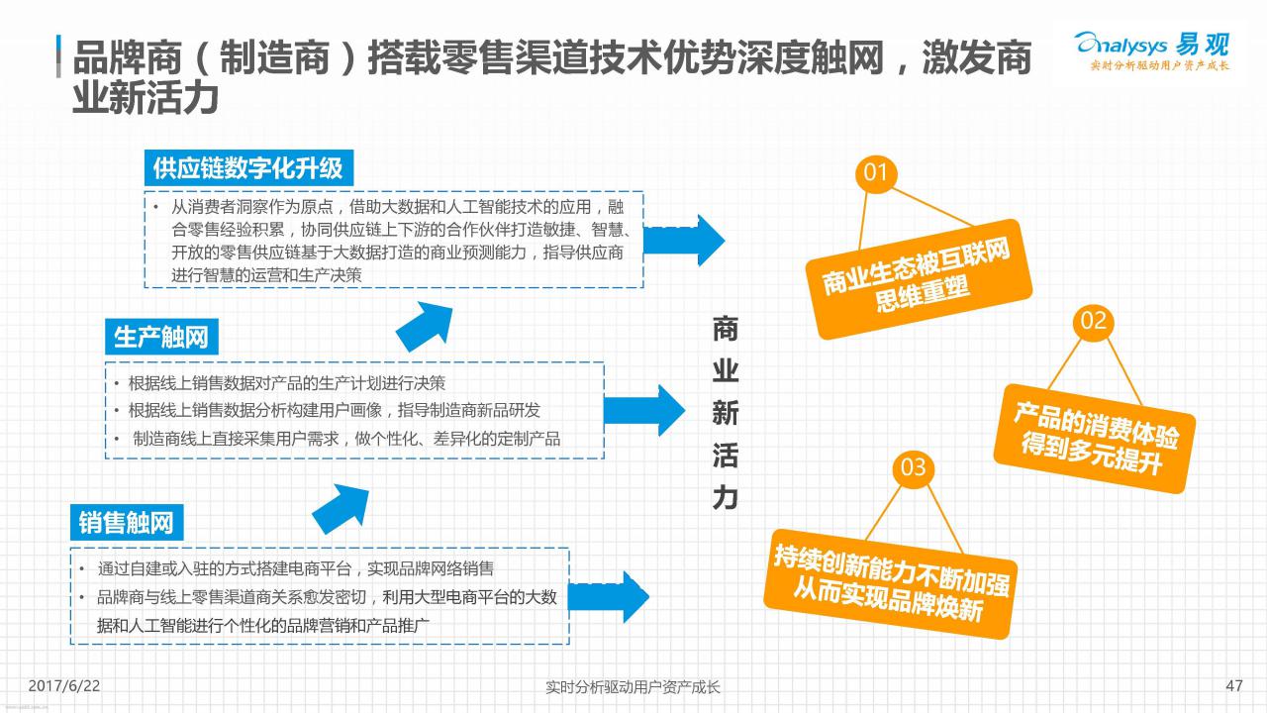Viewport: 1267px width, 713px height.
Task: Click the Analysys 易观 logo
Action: pos(1152,51)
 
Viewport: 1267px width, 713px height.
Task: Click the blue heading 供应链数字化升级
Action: pos(248,168)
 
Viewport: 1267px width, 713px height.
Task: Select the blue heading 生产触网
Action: pos(161,337)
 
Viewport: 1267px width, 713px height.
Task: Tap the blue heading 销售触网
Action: pos(127,522)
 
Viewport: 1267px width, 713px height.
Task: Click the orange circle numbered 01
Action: pos(876,173)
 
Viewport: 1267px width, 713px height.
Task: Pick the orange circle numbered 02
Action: pos(1093,321)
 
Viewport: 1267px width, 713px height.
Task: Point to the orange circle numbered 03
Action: pos(913,467)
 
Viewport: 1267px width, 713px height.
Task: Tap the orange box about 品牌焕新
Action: pos(890,584)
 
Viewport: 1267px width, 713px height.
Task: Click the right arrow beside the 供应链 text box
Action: pos(684,241)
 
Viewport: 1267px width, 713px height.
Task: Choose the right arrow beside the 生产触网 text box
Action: pos(644,410)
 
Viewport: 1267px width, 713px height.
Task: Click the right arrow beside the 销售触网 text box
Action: pos(609,597)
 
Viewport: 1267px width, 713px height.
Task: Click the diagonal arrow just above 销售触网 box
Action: pos(341,509)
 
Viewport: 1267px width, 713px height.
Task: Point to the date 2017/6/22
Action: pos(64,686)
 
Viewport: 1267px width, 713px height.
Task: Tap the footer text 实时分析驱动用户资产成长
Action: pos(633,687)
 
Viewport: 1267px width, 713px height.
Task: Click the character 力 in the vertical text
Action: pos(726,498)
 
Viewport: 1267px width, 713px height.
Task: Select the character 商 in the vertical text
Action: pos(726,329)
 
